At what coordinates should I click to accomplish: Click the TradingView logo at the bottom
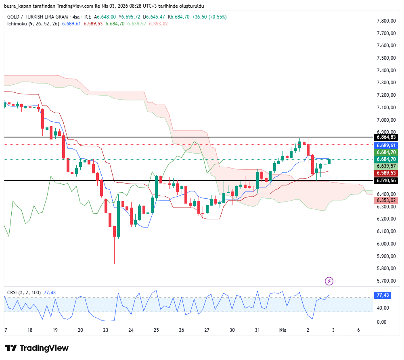pyautogui.click(x=37, y=348)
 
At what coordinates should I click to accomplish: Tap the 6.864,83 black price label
pyautogui.click(x=386, y=137)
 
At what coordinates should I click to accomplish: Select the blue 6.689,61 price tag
pyautogui.click(x=386, y=145)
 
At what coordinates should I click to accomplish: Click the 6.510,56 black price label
pyautogui.click(x=386, y=181)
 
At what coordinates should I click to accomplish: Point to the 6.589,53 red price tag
pyautogui.click(x=386, y=173)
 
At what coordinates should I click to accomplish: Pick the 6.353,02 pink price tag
pyautogui.click(x=386, y=200)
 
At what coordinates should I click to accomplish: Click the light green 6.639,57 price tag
pyautogui.click(x=386, y=166)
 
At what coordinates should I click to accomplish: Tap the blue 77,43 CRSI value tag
pyautogui.click(x=383, y=295)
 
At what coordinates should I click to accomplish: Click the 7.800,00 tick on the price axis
pyautogui.click(x=386, y=21)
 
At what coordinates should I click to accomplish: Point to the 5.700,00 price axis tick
pyautogui.click(x=386, y=281)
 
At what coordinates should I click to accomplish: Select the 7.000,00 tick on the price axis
pyautogui.click(x=386, y=120)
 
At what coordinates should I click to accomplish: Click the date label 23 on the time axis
pyautogui.click(x=106, y=330)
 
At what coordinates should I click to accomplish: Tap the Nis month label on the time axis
pyautogui.click(x=283, y=330)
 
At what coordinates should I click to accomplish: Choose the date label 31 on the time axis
pyautogui.click(x=257, y=330)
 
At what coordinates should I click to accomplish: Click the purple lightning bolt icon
pyautogui.click(x=329, y=281)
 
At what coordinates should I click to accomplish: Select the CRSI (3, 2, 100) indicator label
pyautogui.click(x=24, y=293)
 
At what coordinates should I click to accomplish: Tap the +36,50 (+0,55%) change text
pyautogui.click(x=209, y=17)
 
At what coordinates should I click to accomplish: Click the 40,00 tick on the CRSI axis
pyautogui.click(x=383, y=308)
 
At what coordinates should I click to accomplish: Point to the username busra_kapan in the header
pyautogui.click(x=19, y=6)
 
